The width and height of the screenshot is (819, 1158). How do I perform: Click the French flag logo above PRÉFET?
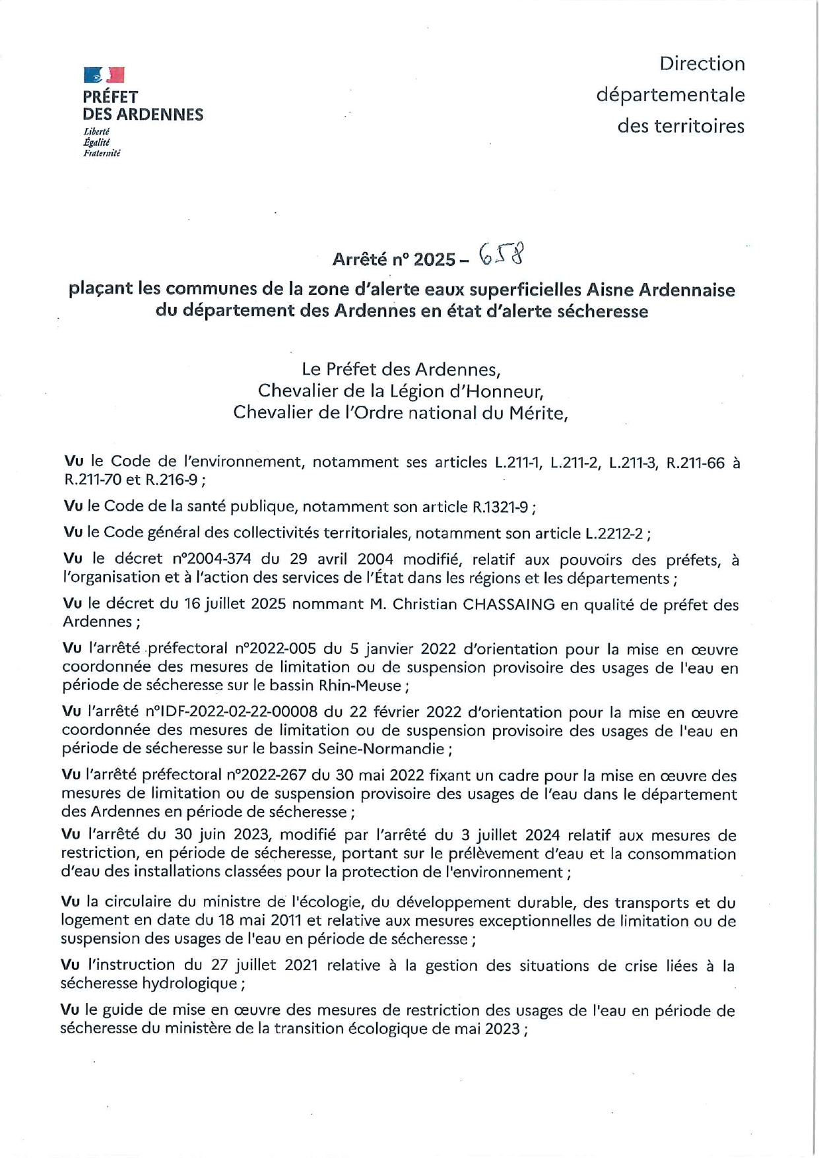click(104, 75)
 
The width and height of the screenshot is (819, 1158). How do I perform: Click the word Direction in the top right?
click(702, 64)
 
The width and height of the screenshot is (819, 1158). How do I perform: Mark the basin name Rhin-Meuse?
click(360, 686)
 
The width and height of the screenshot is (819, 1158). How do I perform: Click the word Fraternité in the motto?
click(102, 154)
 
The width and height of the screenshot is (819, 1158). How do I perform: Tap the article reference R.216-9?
click(172, 480)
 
